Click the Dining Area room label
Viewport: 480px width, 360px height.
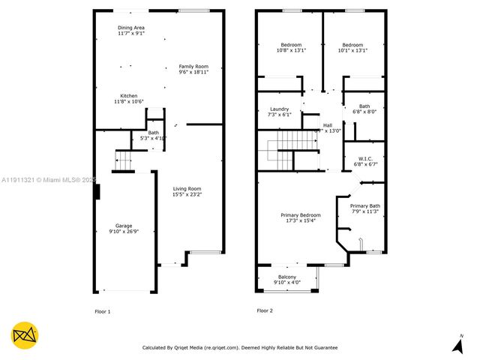132,28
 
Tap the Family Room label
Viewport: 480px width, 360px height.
193,67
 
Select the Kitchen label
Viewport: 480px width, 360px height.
129,96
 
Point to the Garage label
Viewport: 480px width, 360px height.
123,226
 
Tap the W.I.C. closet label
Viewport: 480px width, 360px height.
365,158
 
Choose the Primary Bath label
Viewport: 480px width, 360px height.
365,205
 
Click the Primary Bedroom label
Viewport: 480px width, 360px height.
300,215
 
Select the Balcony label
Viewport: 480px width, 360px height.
287,277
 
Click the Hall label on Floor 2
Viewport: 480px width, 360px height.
327,125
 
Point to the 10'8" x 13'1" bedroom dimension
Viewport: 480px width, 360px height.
291,51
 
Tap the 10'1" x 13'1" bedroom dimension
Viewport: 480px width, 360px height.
352,51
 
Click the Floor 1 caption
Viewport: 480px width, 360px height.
102,310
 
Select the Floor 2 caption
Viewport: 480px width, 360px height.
265,310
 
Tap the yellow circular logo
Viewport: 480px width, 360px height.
24,336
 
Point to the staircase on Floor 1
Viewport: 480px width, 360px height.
123,160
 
